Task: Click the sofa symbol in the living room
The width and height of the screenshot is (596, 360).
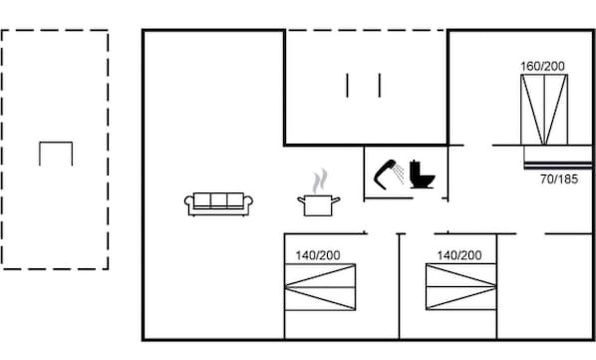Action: coord(220,202)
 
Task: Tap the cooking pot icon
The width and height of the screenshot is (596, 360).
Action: coord(319,204)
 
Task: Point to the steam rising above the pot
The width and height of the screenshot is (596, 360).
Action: coord(319,181)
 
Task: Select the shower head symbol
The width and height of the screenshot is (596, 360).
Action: coord(385,173)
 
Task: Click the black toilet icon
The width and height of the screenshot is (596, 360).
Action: coord(422,175)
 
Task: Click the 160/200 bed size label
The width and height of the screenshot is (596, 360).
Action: coord(542,66)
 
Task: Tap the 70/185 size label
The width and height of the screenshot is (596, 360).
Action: coord(559,180)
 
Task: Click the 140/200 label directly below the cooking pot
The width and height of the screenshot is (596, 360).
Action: coord(317,255)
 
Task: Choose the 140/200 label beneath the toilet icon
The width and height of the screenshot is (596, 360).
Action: coord(458,255)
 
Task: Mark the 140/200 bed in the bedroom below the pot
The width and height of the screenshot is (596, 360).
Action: coord(320,288)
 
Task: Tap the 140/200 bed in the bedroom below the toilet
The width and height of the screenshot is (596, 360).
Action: coord(459,288)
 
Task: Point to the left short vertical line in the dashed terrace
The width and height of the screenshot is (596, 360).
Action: coord(348,85)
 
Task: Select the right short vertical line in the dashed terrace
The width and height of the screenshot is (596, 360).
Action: coord(380,85)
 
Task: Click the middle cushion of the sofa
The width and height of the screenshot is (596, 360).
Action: coord(220,200)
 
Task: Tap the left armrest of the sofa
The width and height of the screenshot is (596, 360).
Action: coord(187,203)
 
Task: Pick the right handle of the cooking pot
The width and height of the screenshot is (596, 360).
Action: coord(337,199)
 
